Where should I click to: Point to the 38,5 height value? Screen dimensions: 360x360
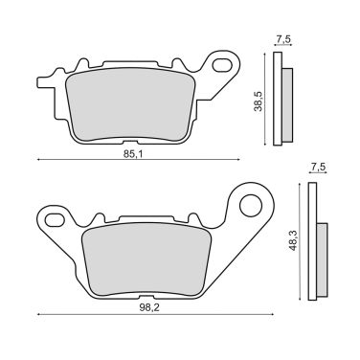(x=257, y=96)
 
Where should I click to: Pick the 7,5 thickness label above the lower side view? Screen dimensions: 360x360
(x=317, y=169)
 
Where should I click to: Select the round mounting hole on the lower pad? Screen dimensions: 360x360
(x=250, y=203)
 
